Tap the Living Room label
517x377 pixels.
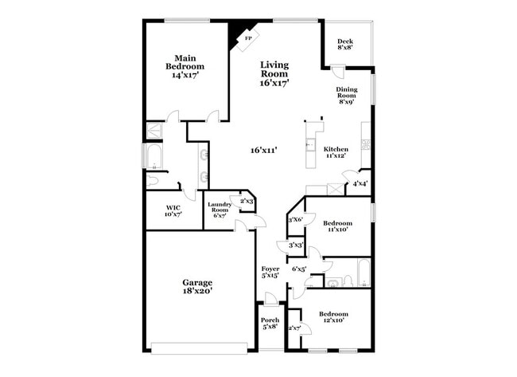(x=274, y=73)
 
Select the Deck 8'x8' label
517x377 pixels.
(x=344, y=45)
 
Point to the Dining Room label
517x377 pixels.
(x=346, y=96)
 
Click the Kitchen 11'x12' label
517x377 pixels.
(x=336, y=153)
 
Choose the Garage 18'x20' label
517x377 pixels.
(x=196, y=287)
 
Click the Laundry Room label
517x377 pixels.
(x=220, y=210)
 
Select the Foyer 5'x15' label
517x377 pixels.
(x=270, y=273)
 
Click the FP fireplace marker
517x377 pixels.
(x=247, y=38)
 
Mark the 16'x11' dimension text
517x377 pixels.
(x=263, y=150)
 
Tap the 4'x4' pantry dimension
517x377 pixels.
(x=359, y=184)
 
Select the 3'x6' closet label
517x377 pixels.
(x=295, y=220)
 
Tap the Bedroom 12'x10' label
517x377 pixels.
(x=333, y=317)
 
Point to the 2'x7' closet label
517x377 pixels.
(x=294, y=328)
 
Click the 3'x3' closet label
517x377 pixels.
(x=296, y=245)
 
